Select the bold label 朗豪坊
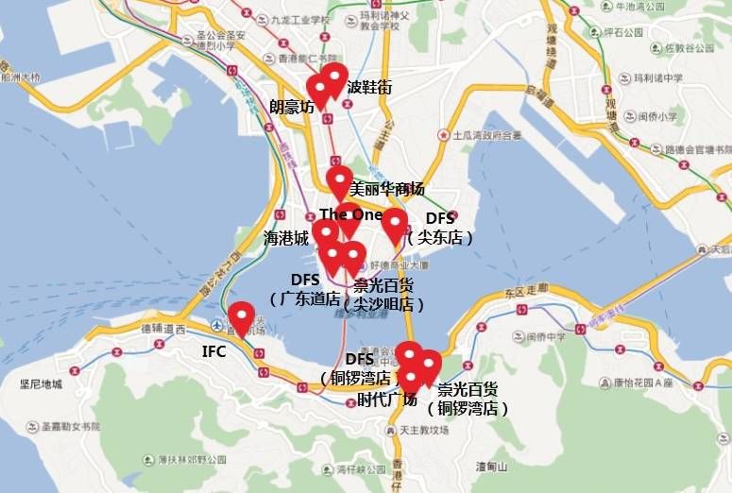(x=292, y=107)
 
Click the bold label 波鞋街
(x=369, y=88)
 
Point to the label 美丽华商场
(x=387, y=188)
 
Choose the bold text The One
(x=350, y=214)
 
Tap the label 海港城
(x=286, y=240)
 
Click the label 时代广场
(x=387, y=399)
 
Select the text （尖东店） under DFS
(x=440, y=237)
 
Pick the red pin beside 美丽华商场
(x=339, y=181)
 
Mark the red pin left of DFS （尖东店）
(x=394, y=225)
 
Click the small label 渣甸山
(x=492, y=467)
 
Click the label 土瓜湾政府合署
(x=486, y=136)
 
